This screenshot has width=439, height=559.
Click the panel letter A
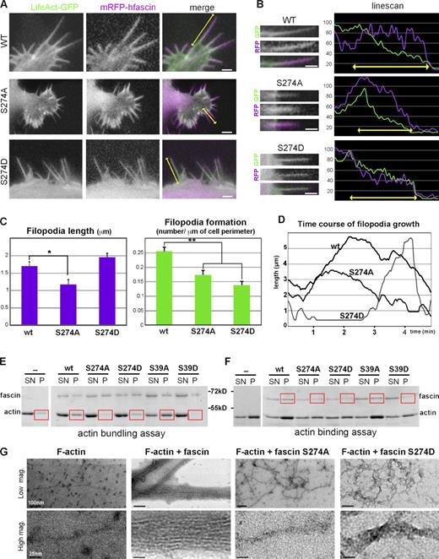pyautogui.click(x=7, y=8)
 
